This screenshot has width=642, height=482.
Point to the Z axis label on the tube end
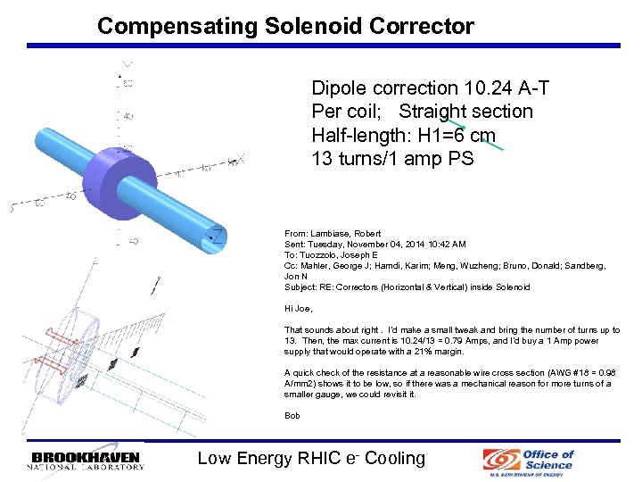(x=215, y=236)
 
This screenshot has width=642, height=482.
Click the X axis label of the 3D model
(x=238, y=161)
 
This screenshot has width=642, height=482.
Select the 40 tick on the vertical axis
(x=128, y=116)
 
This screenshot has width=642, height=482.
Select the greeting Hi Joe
(x=299, y=309)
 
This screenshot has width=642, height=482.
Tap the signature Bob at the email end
(x=292, y=416)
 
